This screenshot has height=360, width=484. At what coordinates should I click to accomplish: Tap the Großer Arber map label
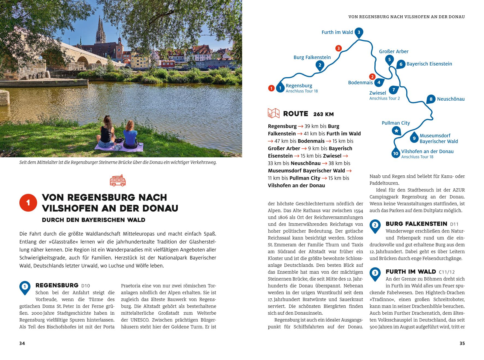point(394,51)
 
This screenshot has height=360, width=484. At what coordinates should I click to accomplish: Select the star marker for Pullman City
point(396,131)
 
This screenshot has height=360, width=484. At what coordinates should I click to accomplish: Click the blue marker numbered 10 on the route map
point(396,154)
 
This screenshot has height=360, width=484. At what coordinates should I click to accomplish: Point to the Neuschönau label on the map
point(451,99)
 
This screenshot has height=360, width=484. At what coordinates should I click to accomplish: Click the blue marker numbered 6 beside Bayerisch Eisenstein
point(401,65)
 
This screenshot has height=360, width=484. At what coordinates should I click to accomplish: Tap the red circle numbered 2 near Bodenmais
point(372,77)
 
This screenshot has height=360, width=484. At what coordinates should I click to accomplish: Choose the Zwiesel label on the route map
point(378,93)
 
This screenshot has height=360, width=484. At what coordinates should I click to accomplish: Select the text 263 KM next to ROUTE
point(323,114)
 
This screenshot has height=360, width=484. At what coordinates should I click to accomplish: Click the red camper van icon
point(118,181)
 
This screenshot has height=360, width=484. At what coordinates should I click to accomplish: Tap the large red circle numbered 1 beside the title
point(28,203)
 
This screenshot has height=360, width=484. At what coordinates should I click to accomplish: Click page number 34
point(22,343)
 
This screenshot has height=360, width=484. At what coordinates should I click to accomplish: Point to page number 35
point(462,343)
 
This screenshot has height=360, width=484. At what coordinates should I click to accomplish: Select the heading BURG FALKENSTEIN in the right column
point(416,224)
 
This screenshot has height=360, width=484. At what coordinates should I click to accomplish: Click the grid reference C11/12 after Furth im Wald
point(447,272)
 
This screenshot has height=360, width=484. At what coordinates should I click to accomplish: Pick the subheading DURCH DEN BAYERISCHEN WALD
point(93,220)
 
